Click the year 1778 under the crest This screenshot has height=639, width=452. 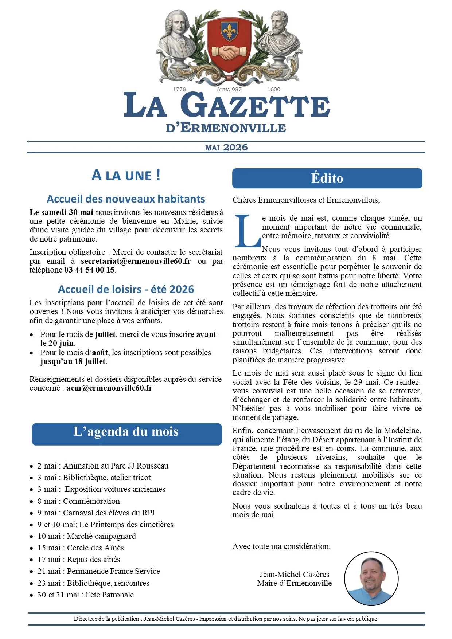click(179, 89)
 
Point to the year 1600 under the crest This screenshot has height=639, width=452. click(274, 89)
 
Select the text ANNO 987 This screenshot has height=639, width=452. click(229, 89)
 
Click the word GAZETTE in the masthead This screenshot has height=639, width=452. click(255, 106)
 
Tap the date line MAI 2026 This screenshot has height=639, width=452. click(226, 148)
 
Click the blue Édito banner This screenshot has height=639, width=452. click(327, 178)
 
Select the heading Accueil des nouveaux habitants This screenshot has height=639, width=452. click(126, 199)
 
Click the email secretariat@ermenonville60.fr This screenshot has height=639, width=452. click(136, 261)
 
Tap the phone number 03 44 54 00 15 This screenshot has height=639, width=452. click(89, 270)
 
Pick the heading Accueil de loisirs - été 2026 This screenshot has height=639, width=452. click(126, 289)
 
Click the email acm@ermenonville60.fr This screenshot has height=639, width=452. click(109, 388)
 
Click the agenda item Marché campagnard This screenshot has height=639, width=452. click(101, 536)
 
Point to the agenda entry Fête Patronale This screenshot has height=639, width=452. click(109, 595)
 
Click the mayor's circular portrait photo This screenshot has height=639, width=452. click(371, 579)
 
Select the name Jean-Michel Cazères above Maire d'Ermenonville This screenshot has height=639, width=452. click(295, 575)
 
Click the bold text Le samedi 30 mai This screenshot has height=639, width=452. click(61, 212)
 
